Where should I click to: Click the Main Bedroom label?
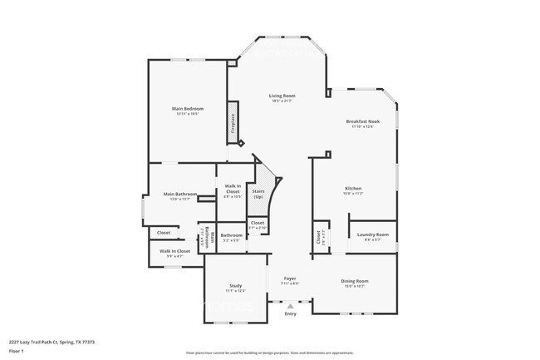tap(188, 109)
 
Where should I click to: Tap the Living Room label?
tap(282, 96)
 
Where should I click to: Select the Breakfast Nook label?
tap(363, 121)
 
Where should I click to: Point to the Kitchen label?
tap(353, 189)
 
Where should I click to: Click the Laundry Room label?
tap(372, 234)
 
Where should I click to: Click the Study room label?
tap(235, 286)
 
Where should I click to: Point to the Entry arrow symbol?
tap(290, 305)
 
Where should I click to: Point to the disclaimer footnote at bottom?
tap(269, 353)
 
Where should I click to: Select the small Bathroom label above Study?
tap(232, 235)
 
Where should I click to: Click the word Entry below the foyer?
tap(290, 313)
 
